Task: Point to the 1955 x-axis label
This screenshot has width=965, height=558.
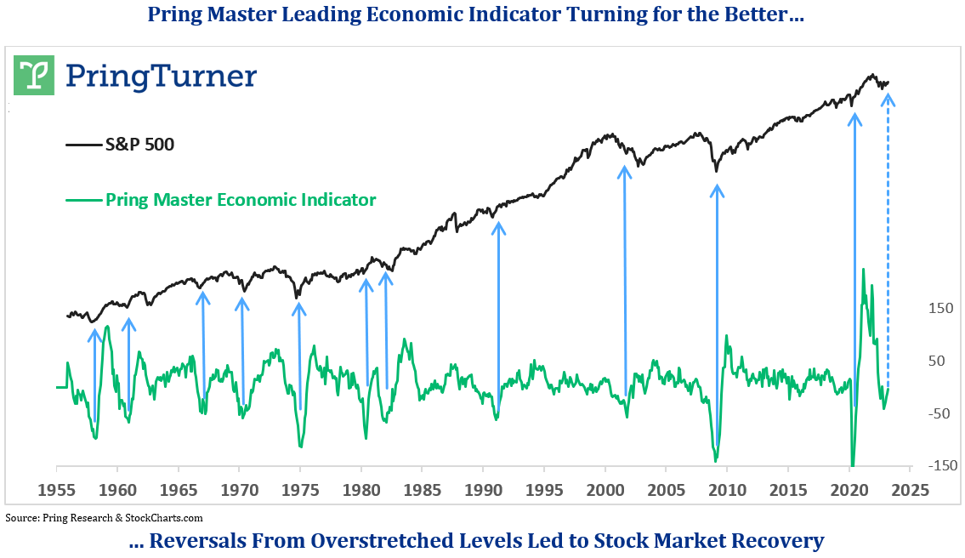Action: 57,491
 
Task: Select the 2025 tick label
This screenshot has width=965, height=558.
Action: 910,491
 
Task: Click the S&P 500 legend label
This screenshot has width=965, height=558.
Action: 139,145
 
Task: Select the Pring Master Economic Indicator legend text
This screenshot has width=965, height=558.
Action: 241,200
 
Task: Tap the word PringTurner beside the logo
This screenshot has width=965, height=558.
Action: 161,76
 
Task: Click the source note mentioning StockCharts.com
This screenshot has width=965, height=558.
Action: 105,517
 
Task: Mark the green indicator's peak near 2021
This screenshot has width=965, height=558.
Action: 864,270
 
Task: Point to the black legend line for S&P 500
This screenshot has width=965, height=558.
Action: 83,145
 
